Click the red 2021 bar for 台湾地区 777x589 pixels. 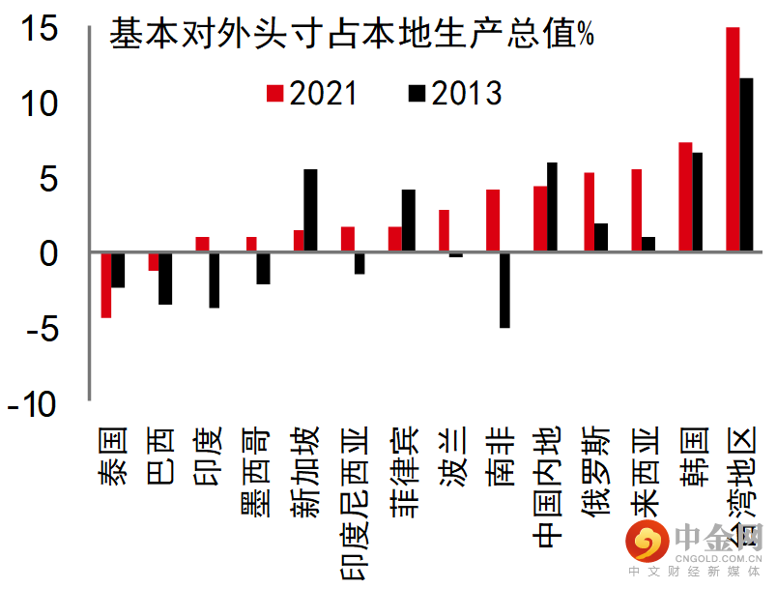pos(733,140)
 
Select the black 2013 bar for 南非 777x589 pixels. pos(504,290)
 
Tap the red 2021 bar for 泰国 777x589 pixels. pos(105,285)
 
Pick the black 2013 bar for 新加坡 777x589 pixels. pos(310,211)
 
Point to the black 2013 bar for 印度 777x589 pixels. pos(214,280)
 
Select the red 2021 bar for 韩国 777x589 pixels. pos(685,197)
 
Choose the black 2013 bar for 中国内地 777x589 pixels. pos(552,208)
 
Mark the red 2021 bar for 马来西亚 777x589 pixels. pos(636,211)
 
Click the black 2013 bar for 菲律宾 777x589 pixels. pos(409,221)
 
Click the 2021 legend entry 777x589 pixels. pos(311,94)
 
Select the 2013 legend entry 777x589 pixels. pos(455,94)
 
